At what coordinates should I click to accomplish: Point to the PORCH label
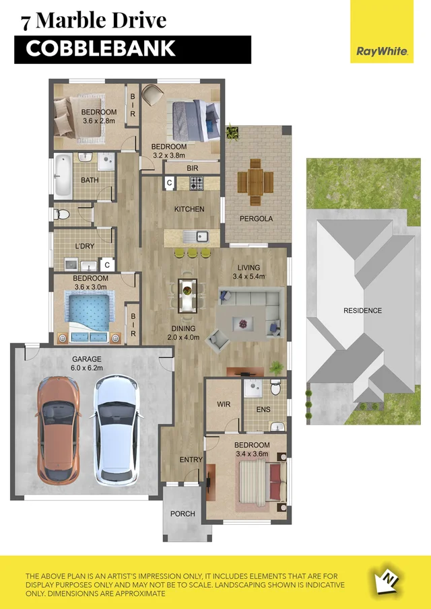tap(183, 513)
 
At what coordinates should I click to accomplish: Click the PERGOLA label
tap(256, 219)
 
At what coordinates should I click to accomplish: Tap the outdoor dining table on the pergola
tap(255, 181)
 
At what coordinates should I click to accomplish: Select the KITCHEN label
tap(189, 209)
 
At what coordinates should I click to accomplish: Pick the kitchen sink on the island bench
tap(199, 236)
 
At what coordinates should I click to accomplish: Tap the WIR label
tap(224, 405)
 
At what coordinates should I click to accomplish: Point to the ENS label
tap(263, 408)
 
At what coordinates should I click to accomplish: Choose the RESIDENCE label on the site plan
tap(362, 310)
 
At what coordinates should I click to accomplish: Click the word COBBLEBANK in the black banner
tap(100, 49)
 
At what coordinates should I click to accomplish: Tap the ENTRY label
tap(191, 460)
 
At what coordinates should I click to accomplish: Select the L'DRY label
tap(85, 246)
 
